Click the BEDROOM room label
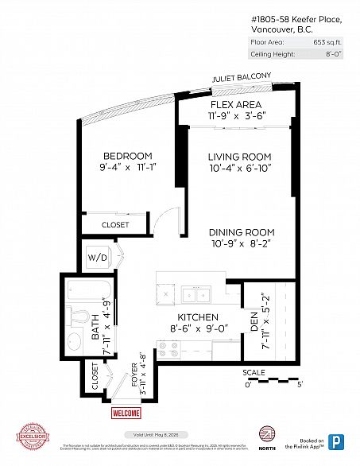tap(127, 156)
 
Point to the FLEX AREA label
tap(238, 105)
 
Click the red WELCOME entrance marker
tap(126, 414)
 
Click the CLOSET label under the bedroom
tap(115, 225)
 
